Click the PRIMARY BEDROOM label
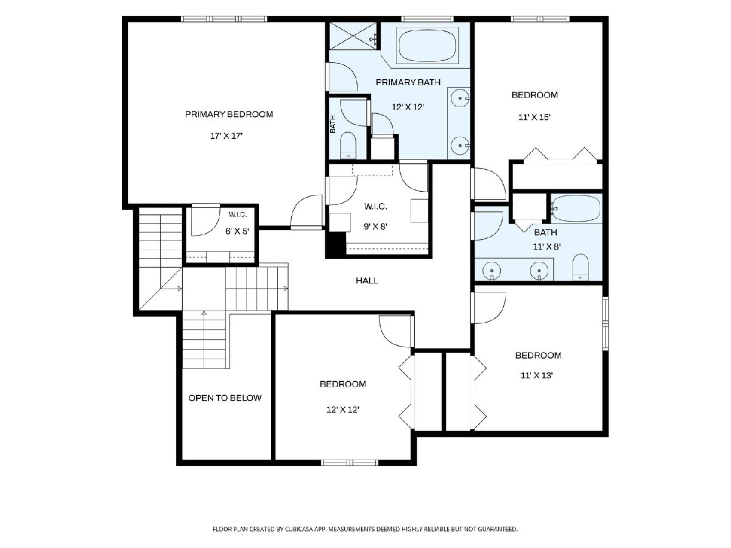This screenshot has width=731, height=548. pos(229,114)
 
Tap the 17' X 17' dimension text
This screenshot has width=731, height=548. pos(226,136)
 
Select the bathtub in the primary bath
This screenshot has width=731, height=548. pos(427,45)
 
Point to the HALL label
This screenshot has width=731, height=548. pos(367,281)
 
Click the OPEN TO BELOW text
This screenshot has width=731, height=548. pos(225,398)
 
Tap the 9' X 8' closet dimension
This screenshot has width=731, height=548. pos(375,227)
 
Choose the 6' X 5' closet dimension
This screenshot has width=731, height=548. pos(237,231)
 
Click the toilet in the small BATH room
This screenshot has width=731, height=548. pos(348,146)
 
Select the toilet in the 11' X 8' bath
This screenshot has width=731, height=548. pos(581,267)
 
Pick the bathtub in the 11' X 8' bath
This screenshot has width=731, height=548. pos(576,208)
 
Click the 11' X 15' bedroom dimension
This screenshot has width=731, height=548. pos(534,118)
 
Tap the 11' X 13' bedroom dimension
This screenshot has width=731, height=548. pos(537,376)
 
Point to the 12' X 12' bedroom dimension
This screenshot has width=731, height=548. pos(343,410)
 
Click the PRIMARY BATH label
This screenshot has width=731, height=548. pos(408,82)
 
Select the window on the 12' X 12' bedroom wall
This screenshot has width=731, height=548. pos(350,462)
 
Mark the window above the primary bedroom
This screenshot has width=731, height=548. pos(224,19)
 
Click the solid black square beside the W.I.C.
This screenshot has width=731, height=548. pos(336,245)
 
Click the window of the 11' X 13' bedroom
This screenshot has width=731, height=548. pos(606,323)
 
